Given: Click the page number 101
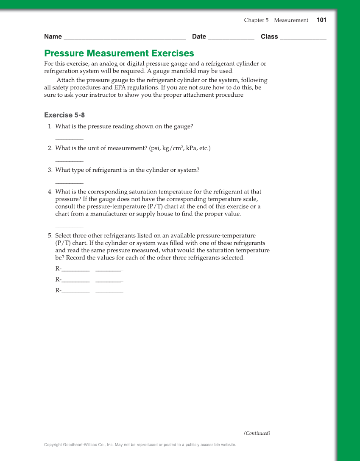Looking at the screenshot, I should tap(321, 20).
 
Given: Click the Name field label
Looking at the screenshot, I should tap(53, 36).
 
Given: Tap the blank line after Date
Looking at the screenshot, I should tap(231, 38).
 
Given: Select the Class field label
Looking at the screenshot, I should tap(269, 36).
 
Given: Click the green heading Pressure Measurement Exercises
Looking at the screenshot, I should tap(119, 53).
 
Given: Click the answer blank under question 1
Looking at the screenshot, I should tap(69, 139).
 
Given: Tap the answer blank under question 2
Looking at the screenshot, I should tap(69, 161).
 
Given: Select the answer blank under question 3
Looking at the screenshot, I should tap(69, 183).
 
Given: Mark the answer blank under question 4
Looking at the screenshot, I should tap(69, 227).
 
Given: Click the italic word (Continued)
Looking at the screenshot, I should tap(257, 433).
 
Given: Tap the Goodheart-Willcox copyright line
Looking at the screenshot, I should tap(140, 445).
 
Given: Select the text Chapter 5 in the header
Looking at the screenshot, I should tap(256, 20).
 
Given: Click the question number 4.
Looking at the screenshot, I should tap(50, 192).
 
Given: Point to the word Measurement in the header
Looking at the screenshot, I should tap(291, 20).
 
